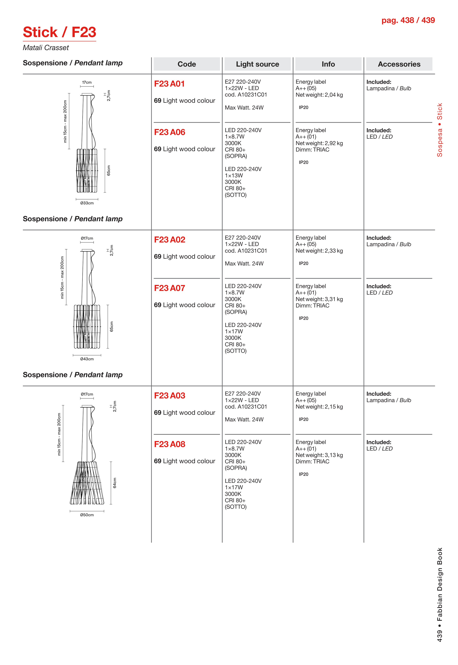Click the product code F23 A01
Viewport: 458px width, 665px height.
[169, 84]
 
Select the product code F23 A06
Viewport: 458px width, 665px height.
[170, 132]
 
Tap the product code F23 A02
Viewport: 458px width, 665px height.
[170, 240]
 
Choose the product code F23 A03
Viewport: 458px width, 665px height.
[170, 396]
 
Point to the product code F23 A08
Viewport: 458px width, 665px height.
[170, 444]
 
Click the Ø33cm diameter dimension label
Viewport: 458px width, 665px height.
[87, 203]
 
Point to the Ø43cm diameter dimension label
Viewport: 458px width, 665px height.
[87, 359]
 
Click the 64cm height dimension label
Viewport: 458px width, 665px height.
[114, 483]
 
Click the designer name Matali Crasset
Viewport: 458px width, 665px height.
[46, 48]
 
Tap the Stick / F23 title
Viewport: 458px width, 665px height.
[59, 32]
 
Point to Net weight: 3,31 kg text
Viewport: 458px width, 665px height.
[319, 299]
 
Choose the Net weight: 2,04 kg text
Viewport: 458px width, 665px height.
[319, 95]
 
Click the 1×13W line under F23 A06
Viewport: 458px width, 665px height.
[234, 176]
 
